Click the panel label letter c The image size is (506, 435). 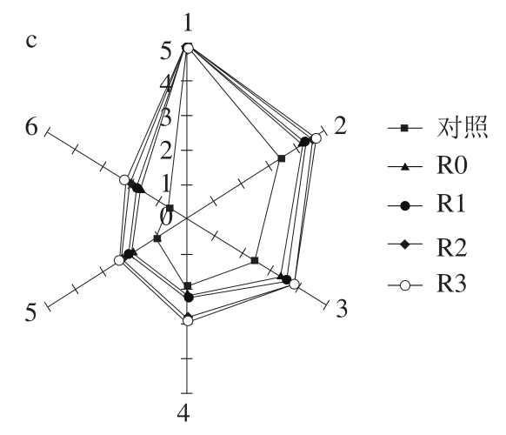[31, 42]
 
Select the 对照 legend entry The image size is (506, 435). [437, 128]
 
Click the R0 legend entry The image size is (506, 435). [428, 166]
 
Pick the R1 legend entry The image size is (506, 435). [427, 205]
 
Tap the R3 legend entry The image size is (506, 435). [427, 285]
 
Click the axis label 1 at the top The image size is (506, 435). [188, 23]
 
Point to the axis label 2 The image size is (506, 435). [340, 125]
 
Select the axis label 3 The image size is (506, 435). [342, 308]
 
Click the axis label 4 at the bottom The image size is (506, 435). [183, 412]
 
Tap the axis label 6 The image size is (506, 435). [31, 127]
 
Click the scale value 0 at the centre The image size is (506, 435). [166, 217]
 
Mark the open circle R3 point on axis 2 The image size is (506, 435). [316, 138]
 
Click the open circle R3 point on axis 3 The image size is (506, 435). [295, 284]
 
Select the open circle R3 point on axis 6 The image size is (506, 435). [124, 180]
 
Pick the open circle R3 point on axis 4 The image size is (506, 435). [188, 321]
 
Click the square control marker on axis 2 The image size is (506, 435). [282, 158]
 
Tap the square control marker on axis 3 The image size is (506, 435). [255, 260]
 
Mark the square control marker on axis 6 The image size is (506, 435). [170, 208]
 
